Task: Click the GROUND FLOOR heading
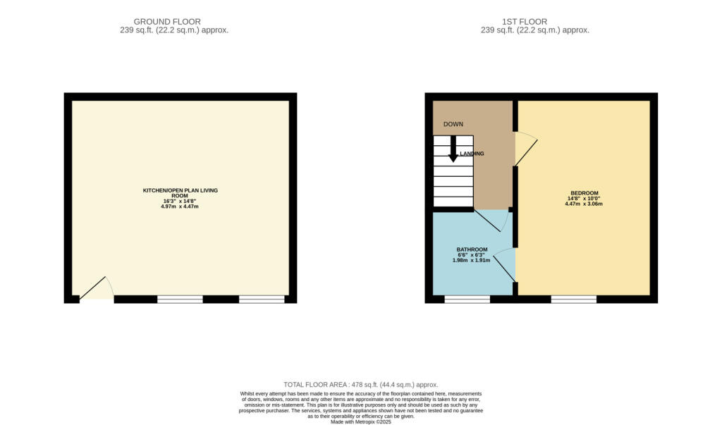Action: click(x=167, y=22)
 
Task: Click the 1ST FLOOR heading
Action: click(x=525, y=22)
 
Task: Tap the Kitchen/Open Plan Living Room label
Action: click(x=180, y=193)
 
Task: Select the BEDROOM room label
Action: click(x=585, y=193)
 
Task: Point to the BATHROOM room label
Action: click(x=472, y=250)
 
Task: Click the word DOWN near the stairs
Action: click(x=453, y=124)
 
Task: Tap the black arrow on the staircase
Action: click(x=453, y=149)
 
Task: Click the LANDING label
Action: click(x=472, y=154)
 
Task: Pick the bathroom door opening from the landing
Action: click(x=491, y=221)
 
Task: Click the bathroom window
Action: click(x=467, y=300)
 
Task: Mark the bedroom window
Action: click(x=574, y=300)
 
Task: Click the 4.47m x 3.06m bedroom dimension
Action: click(x=584, y=204)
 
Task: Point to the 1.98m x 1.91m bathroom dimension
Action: click(x=472, y=260)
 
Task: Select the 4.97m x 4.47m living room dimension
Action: click(x=180, y=207)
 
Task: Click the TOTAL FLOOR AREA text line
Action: click(x=361, y=385)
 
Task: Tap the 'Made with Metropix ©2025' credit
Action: click(x=361, y=421)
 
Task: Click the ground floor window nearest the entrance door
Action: click(x=180, y=300)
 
